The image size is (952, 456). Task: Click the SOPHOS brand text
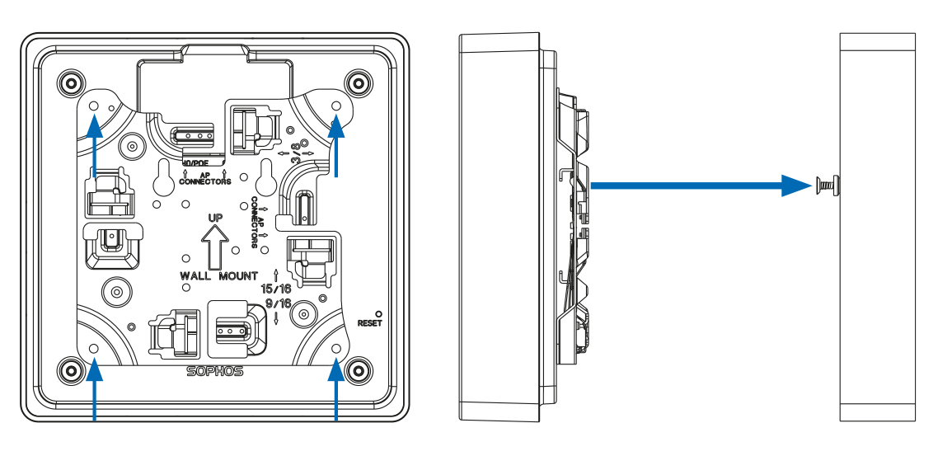point(215,371)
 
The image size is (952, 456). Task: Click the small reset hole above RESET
point(378,313)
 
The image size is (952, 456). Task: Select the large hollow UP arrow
point(215,249)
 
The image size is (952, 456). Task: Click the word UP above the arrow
point(216,219)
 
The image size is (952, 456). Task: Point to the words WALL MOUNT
point(219,275)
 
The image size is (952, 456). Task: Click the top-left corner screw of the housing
point(69,82)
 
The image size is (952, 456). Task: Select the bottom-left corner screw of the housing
point(69,368)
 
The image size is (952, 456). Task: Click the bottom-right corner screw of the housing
point(359,368)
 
